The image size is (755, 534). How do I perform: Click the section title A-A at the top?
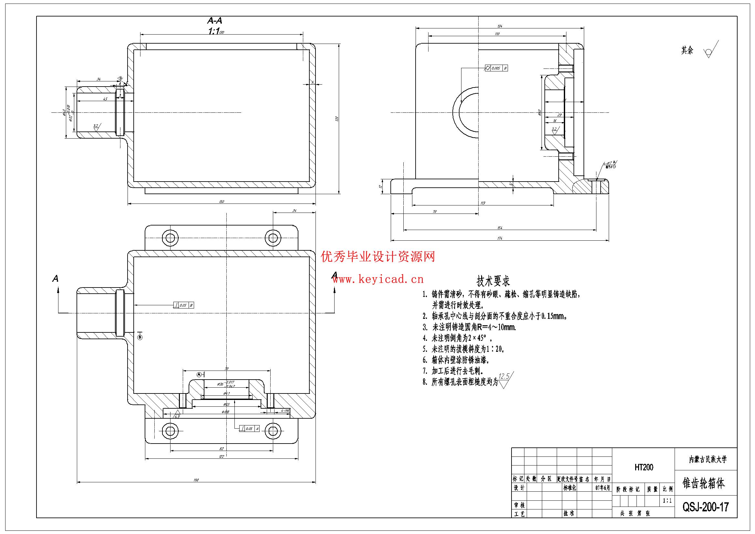[x=214, y=21]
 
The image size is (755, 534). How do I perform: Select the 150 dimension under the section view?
[x=221, y=201]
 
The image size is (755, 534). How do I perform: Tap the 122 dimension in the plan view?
[x=221, y=456]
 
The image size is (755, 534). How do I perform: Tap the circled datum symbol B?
[x=140, y=337]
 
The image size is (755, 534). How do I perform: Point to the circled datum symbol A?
[x=199, y=374]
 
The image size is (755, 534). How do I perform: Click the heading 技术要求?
[x=493, y=281]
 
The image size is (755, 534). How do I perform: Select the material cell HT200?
[x=644, y=467]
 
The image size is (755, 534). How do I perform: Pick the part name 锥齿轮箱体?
[x=704, y=483]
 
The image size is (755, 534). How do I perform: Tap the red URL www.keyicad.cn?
[x=377, y=280]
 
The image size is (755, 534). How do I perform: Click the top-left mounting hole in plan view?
[x=171, y=238]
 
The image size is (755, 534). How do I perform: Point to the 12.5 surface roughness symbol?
[x=506, y=380]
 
